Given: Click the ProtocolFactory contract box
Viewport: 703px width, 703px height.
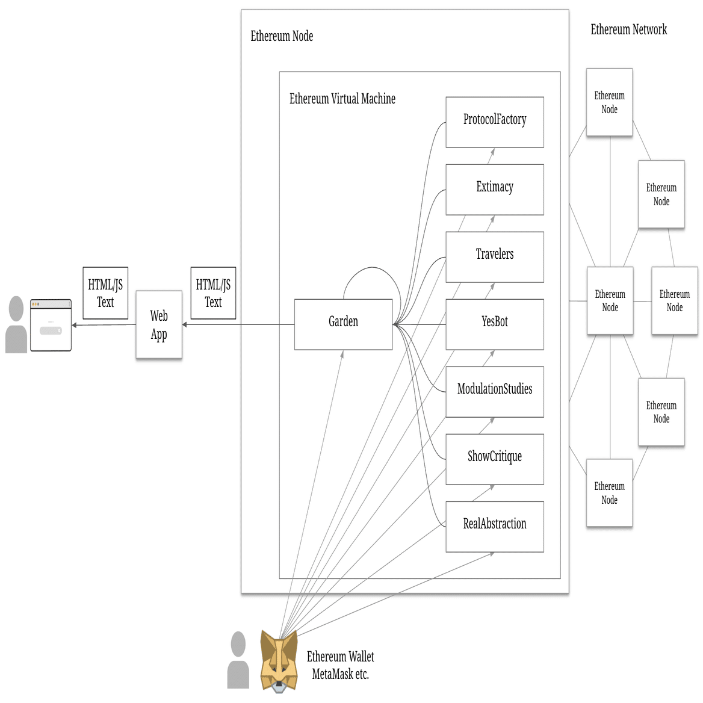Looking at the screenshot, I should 494,122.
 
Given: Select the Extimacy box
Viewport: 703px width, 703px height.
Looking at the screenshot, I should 494,189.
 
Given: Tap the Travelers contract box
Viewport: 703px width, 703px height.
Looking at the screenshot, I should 494,256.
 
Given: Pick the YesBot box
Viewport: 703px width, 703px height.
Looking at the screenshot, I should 494,324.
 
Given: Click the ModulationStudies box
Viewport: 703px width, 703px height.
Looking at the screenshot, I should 494,391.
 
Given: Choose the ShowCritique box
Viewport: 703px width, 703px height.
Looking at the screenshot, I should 494,459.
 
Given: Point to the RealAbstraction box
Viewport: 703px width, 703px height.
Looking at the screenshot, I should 494,526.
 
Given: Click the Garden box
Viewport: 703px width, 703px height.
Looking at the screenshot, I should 343,324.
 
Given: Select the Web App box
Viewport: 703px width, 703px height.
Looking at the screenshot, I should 159,325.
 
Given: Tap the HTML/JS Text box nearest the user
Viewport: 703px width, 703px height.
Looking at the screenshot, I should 105,293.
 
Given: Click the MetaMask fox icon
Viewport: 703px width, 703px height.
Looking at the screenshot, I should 279,661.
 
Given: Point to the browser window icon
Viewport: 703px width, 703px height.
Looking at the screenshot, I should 51,325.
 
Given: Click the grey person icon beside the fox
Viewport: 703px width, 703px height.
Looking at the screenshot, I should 238,660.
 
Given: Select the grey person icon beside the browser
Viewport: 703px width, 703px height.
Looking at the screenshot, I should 16,325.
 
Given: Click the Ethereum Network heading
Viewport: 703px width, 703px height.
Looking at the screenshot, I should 628,29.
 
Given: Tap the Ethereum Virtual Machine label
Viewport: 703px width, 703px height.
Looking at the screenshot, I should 342,99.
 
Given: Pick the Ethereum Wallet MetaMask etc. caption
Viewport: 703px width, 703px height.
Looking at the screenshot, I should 340,665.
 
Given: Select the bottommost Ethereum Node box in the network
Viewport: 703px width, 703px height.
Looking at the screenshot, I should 609,493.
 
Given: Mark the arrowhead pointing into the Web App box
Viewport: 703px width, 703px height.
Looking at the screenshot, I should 185,325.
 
